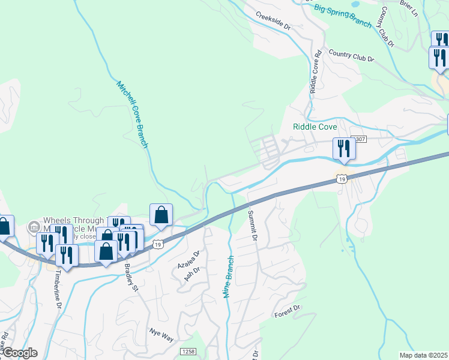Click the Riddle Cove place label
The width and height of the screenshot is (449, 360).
pyautogui.click(x=315, y=127)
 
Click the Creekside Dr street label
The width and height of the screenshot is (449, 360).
pyautogui.click(x=273, y=21)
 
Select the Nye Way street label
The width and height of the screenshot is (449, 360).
pyautogui.click(x=161, y=334)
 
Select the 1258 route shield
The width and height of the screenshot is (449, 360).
pyautogui.click(x=188, y=351)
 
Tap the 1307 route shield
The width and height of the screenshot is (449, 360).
pyautogui.click(x=358, y=139)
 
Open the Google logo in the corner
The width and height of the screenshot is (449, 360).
pyautogui.click(x=19, y=353)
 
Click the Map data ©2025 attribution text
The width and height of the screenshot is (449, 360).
pyautogui.click(x=423, y=355)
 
